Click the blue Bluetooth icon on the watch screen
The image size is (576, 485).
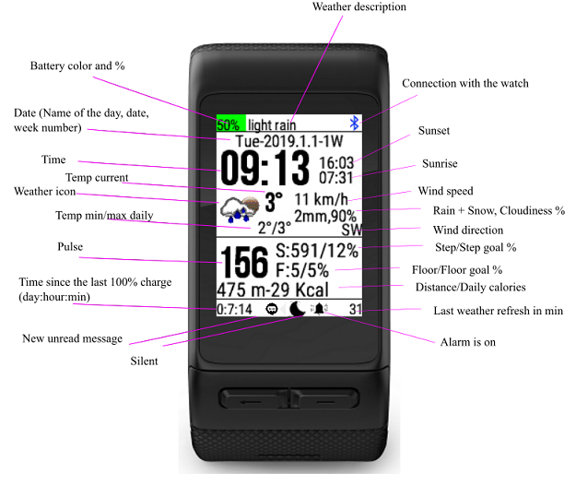click(x=354, y=123)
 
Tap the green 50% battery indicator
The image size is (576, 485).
click(x=230, y=123)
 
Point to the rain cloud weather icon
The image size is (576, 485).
click(x=240, y=209)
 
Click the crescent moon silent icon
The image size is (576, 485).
click(x=297, y=309)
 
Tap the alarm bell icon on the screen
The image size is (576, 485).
click(x=319, y=309)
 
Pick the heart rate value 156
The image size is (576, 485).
click(x=244, y=262)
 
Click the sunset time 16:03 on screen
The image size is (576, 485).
click(x=335, y=163)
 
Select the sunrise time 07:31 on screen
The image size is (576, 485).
click(x=335, y=178)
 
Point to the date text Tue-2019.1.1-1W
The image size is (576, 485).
click(x=289, y=141)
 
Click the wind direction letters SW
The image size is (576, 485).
click(x=351, y=230)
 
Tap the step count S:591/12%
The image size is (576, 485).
click(x=317, y=251)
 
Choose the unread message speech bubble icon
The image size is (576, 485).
click(x=272, y=309)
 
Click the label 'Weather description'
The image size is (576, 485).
click(x=359, y=6)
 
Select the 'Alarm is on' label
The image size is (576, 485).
click(x=468, y=342)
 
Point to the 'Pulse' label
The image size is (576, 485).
click(x=70, y=246)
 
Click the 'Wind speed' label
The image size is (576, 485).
click(x=445, y=191)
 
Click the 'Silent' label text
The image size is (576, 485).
click(x=144, y=361)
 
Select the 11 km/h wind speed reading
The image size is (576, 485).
click(x=321, y=199)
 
